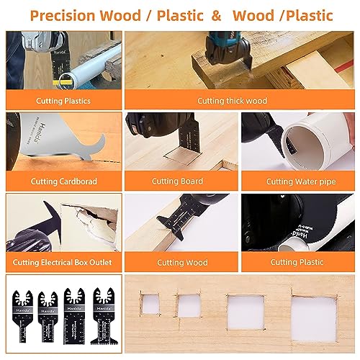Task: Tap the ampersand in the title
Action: (215, 14)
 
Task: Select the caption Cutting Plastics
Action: (61, 101)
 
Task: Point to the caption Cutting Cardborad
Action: (61, 181)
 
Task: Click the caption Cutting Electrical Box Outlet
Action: (61, 263)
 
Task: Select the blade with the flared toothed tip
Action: (98, 317)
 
